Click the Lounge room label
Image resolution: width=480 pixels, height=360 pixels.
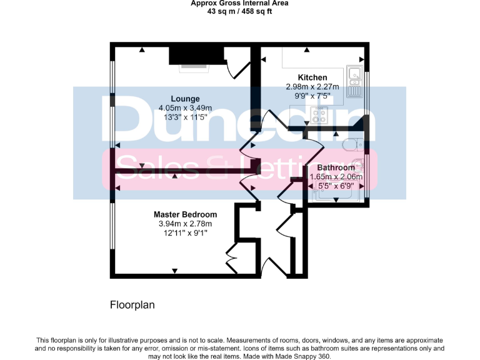click(186, 98)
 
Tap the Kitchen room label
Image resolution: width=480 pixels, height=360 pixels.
click(312, 77)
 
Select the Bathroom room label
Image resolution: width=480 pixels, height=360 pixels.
click(336, 167)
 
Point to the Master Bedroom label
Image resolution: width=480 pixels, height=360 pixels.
click(185, 214)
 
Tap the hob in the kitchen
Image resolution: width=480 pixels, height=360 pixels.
click(320, 115)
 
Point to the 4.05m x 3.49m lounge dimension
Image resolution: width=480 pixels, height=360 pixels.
click(186, 107)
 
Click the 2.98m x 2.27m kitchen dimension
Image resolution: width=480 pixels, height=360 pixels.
click(312, 87)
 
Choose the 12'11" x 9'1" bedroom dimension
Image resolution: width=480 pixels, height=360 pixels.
click(185, 233)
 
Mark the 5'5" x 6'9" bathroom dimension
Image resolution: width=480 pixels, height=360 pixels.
click(336, 186)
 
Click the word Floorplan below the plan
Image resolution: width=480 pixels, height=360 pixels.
click(132, 306)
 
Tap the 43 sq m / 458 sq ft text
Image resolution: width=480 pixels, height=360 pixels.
click(239, 11)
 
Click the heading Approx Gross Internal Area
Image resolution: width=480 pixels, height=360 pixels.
click(239, 3)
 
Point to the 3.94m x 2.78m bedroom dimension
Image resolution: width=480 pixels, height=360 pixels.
click(185, 224)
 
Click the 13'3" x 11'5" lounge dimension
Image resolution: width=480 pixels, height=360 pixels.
click(186, 117)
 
